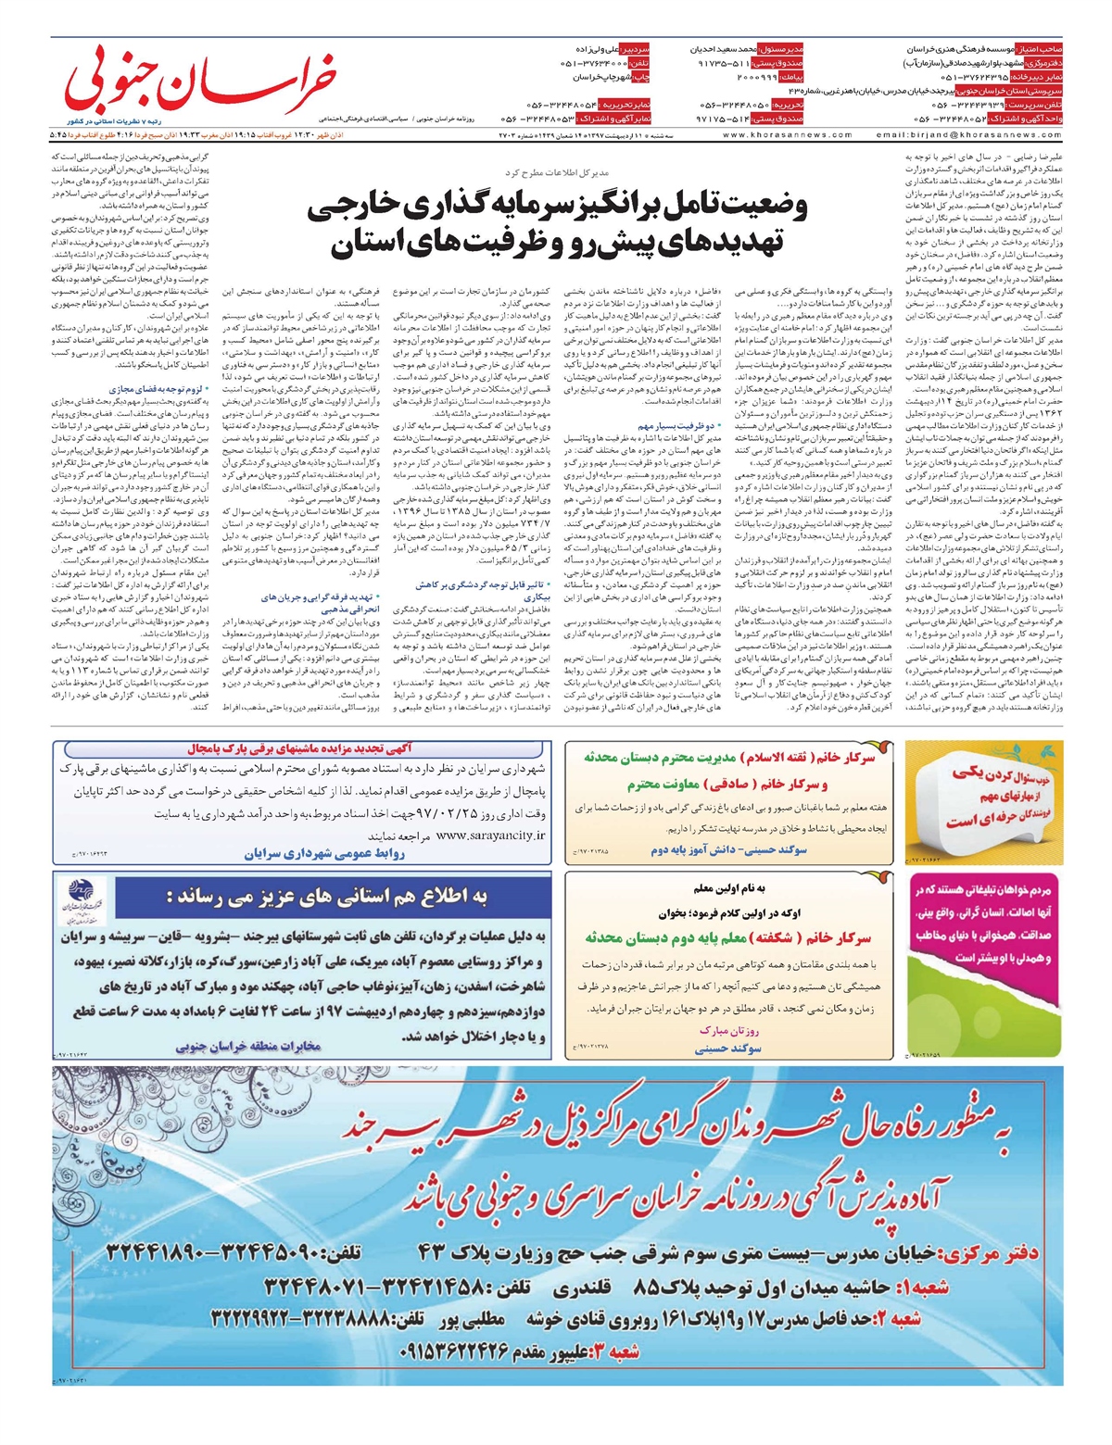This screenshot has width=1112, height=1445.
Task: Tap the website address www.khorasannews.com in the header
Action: coord(787,134)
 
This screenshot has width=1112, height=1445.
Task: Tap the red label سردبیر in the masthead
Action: coord(638,47)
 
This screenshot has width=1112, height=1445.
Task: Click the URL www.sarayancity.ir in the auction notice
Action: coord(490,835)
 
